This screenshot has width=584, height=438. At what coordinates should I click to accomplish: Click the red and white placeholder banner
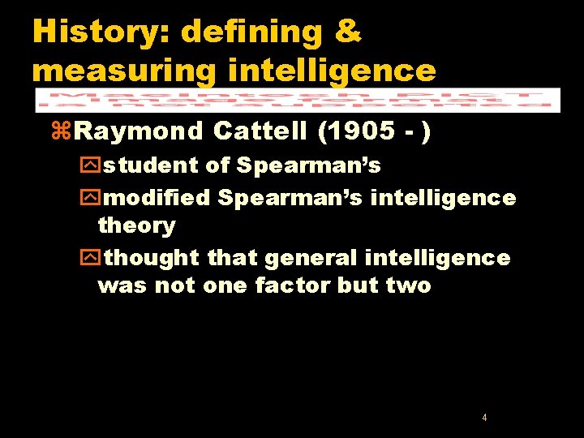(x=297, y=99)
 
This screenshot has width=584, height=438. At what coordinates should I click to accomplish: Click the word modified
(x=157, y=198)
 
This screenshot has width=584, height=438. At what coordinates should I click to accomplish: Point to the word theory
(x=136, y=225)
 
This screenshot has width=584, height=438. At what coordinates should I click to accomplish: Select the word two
(x=409, y=286)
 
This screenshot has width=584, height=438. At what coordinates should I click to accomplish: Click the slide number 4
(x=484, y=418)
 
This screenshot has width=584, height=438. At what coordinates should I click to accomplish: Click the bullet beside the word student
(x=97, y=166)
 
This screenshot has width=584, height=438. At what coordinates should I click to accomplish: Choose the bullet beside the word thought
(x=97, y=259)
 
